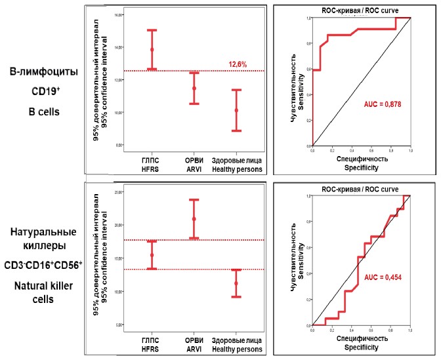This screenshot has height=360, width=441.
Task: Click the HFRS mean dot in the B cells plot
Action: [152, 50]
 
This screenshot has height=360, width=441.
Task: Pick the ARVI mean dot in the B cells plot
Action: [194, 89]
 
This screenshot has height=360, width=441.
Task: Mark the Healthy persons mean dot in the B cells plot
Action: [236, 110]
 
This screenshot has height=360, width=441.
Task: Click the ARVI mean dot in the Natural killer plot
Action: [194, 219]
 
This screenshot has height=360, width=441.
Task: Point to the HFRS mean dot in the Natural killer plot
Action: [152, 255]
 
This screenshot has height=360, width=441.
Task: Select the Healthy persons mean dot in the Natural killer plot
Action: [236, 283]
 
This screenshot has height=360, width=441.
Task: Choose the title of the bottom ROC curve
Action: [360, 190]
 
